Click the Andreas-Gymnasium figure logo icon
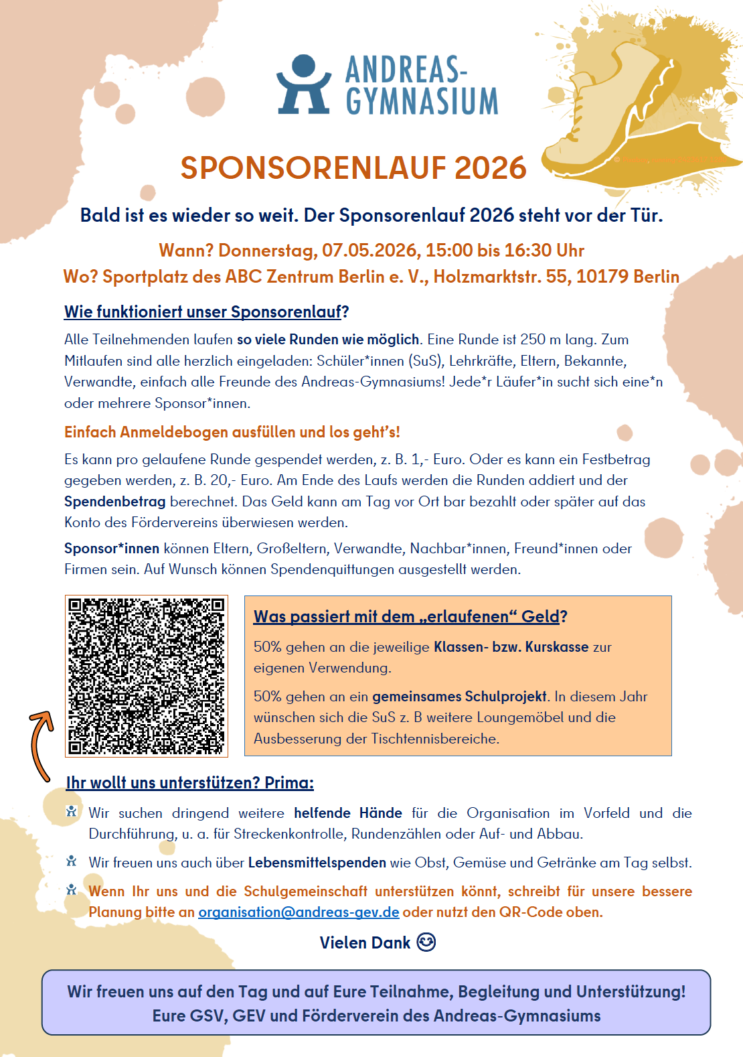pyautogui.click(x=303, y=84)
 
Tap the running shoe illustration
pyautogui.click(x=616, y=107)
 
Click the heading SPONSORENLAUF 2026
pyautogui.click(x=353, y=168)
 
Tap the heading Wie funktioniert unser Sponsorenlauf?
pyautogui.click(x=206, y=312)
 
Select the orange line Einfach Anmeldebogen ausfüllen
pyautogui.click(x=232, y=432)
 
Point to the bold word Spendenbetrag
pyautogui.click(x=114, y=502)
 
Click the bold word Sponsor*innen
pyautogui.click(x=112, y=549)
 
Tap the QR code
pyautogui.click(x=147, y=677)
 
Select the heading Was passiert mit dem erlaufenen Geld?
pyautogui.click(x=410, y=617)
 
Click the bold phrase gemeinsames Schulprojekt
pyautogui.click(x=459, y=697)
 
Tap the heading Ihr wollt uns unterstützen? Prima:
pyautogui.click(x=189, y=783)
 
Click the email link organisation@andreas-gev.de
pyautogui.click(x=299, y=912)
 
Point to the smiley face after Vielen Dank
pyautogui.click(x=426, y=942)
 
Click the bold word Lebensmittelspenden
pyautogui.click(x=317, y=863)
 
